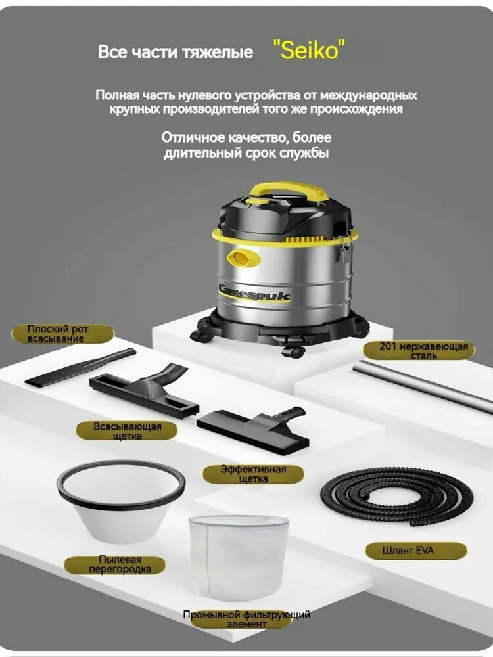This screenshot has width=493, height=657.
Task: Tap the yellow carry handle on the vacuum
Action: [289, 191]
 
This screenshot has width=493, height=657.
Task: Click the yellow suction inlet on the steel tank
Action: [243, 258]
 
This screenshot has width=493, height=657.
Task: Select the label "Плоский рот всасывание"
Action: [62, 334]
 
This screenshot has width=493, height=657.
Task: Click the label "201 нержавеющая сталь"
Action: [419, 351]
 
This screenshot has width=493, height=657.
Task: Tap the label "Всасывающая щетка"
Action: [127, 431]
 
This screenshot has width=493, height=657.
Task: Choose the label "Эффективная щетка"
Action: [253, 474]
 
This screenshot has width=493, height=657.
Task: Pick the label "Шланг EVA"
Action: [415, 551]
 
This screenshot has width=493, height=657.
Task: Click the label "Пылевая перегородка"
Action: [114, 564]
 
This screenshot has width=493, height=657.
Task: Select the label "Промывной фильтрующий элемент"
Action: [246, 620]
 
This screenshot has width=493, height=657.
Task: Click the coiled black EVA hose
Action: [396, 497]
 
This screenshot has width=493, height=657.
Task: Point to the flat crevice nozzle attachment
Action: [80, 368]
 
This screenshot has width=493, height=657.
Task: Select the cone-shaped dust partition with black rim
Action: [121, 501]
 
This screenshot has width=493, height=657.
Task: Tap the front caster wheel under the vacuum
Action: [293, 351]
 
